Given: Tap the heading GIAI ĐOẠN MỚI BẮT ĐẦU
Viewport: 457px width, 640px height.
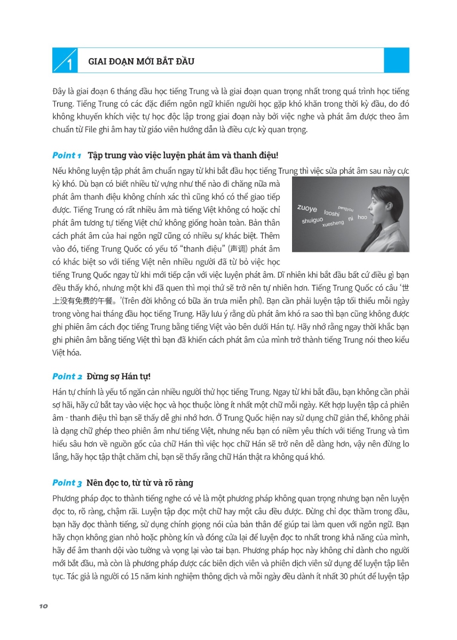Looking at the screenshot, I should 141,61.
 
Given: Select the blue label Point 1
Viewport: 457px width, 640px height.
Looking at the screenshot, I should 67,156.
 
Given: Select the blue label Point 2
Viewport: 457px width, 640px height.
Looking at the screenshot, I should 67,377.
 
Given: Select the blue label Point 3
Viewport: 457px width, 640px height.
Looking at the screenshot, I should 67,483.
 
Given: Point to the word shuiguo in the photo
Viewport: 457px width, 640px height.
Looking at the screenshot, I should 312,220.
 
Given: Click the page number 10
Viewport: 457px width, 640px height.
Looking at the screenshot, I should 44,606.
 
